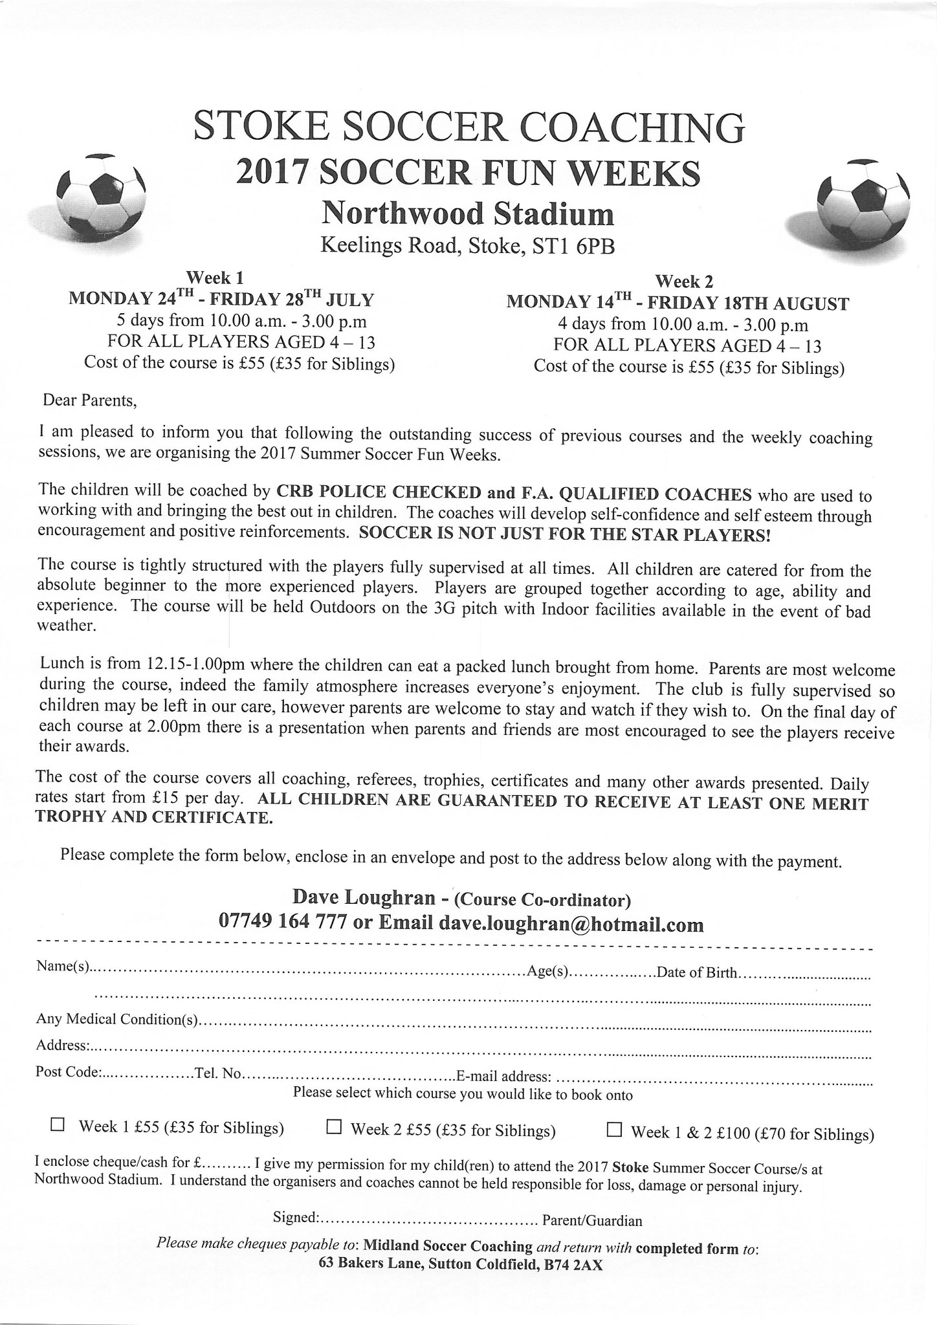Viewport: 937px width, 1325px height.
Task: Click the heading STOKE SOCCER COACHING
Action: pos(469,127)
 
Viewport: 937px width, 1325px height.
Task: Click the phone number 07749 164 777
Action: pos(283,922)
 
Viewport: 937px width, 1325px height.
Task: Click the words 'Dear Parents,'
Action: pos(89,400)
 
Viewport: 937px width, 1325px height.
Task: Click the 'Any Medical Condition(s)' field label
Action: pos(116,1020)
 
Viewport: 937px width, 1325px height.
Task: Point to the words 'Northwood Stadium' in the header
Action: pos(468,213)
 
